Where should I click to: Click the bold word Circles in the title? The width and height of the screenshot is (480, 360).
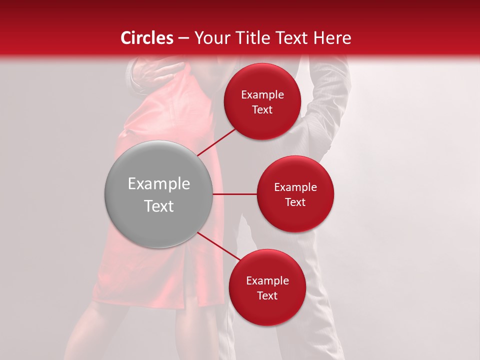146,37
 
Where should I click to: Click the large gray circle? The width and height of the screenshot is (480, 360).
158,194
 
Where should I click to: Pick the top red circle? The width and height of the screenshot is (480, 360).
262,101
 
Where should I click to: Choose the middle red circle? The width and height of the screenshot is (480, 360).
295,194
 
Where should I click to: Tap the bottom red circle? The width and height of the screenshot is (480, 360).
267,287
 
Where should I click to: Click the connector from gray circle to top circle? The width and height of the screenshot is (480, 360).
217,141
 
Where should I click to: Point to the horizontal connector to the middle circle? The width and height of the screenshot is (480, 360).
234,194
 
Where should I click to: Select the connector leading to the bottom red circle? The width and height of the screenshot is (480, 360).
219,247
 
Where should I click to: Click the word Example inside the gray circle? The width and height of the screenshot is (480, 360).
158,183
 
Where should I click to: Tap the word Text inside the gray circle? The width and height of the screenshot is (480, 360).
158,205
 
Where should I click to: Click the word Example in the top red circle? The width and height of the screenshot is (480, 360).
262,94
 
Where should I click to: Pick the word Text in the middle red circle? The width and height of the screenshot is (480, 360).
295,202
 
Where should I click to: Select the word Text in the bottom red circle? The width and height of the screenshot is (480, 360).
267,295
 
